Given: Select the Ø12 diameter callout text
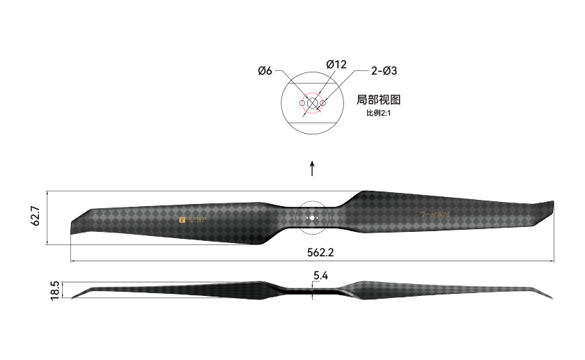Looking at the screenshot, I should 336,65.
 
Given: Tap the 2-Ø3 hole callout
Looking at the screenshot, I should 384,70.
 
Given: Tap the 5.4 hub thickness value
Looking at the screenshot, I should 320,276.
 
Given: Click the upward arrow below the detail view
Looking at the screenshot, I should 312,169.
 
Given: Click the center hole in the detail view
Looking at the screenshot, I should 312,103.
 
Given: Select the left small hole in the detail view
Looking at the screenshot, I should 302,103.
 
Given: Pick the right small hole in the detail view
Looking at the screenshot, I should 323,103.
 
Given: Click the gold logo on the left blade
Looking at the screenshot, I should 193,221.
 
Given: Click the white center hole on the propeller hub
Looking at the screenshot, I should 312,218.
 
